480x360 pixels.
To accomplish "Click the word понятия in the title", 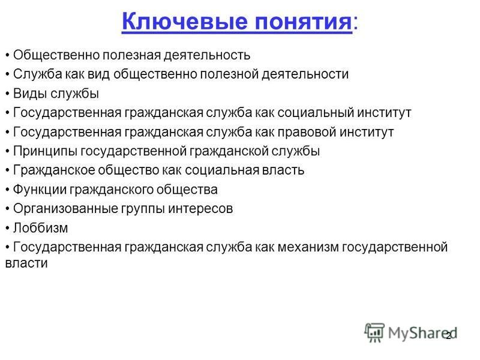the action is (x=303, y=22).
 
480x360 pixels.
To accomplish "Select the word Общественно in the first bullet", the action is (x=56, y=55).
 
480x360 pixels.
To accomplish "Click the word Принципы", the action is (x=45, y=151).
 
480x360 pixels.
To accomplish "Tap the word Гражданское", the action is (x=54, y=170).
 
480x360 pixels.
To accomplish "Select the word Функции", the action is (x=39, y=190).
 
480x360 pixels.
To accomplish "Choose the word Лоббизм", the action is (x=40, y=228).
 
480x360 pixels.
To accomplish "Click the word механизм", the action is (x=308, y=247).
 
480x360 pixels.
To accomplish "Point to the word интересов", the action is (x=200, y=209).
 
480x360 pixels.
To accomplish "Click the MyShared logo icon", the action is (x=374, y=332).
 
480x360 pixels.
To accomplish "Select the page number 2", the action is (x=448, y=336).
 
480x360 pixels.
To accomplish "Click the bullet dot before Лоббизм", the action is (x=7, y=229).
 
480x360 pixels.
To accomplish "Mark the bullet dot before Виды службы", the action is (x=7, y=94).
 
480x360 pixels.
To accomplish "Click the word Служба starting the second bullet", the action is (x=38, y=74).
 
